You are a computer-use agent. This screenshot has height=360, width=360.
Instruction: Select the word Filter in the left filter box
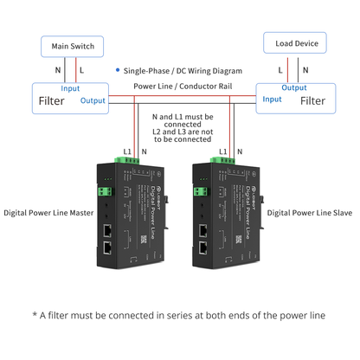52,101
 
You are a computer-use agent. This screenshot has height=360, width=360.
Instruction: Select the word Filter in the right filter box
312,101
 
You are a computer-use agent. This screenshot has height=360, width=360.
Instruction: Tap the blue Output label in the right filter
294,87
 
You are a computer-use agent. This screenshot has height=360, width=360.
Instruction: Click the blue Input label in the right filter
271,100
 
